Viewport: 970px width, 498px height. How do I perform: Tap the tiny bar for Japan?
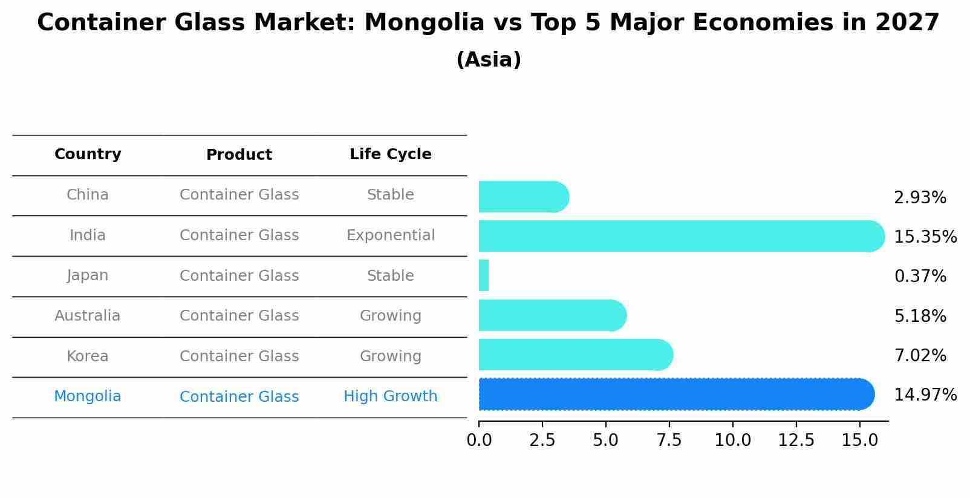tap(484, 276)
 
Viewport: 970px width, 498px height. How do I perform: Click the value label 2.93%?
tap(919, 198)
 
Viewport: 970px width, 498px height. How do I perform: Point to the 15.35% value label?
tap(925, 237)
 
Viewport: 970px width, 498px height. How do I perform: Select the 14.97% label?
tap(925, 395)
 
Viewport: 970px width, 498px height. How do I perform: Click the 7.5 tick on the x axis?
tap(669, 441)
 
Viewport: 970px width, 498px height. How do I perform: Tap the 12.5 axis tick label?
tap(796, 441)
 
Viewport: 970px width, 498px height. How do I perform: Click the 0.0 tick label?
tap(479, 441)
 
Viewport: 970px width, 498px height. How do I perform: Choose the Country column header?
tap(88, 154)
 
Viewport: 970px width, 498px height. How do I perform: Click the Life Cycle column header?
tap(390, 154)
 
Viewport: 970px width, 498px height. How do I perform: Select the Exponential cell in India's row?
tap(390, 235)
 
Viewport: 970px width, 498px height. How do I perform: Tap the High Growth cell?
tap(390, 396)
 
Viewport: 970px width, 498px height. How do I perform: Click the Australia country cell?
tap(88, 316)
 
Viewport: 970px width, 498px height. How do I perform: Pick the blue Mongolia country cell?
tap(88, 396)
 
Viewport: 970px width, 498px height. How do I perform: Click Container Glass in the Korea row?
tap(239, 356)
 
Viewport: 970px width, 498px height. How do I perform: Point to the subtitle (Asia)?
tap(488, 60)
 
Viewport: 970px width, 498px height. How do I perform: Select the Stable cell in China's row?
tap(390, 195)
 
